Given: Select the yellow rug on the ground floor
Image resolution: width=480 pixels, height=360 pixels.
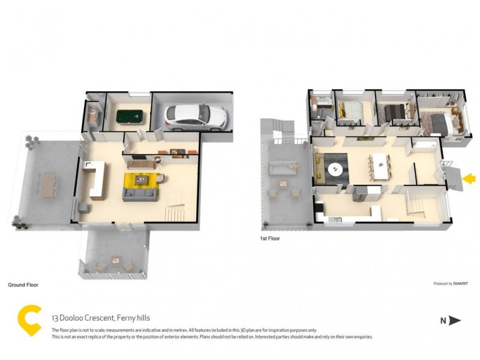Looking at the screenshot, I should (x=142, y=181).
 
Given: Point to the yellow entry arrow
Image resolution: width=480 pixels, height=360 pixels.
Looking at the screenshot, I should (x=470, y=178).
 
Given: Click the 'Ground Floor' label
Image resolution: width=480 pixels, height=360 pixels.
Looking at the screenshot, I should (x=23, y=285).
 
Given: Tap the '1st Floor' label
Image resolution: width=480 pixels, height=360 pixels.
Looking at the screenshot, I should (x=270, y=238).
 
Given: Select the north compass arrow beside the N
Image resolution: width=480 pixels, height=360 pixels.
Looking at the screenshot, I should (x=455, y=321).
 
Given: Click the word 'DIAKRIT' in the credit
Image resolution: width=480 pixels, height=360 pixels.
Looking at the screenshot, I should (x=460, y=284).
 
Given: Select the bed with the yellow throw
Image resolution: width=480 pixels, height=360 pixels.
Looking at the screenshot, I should (x=350, y=110).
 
